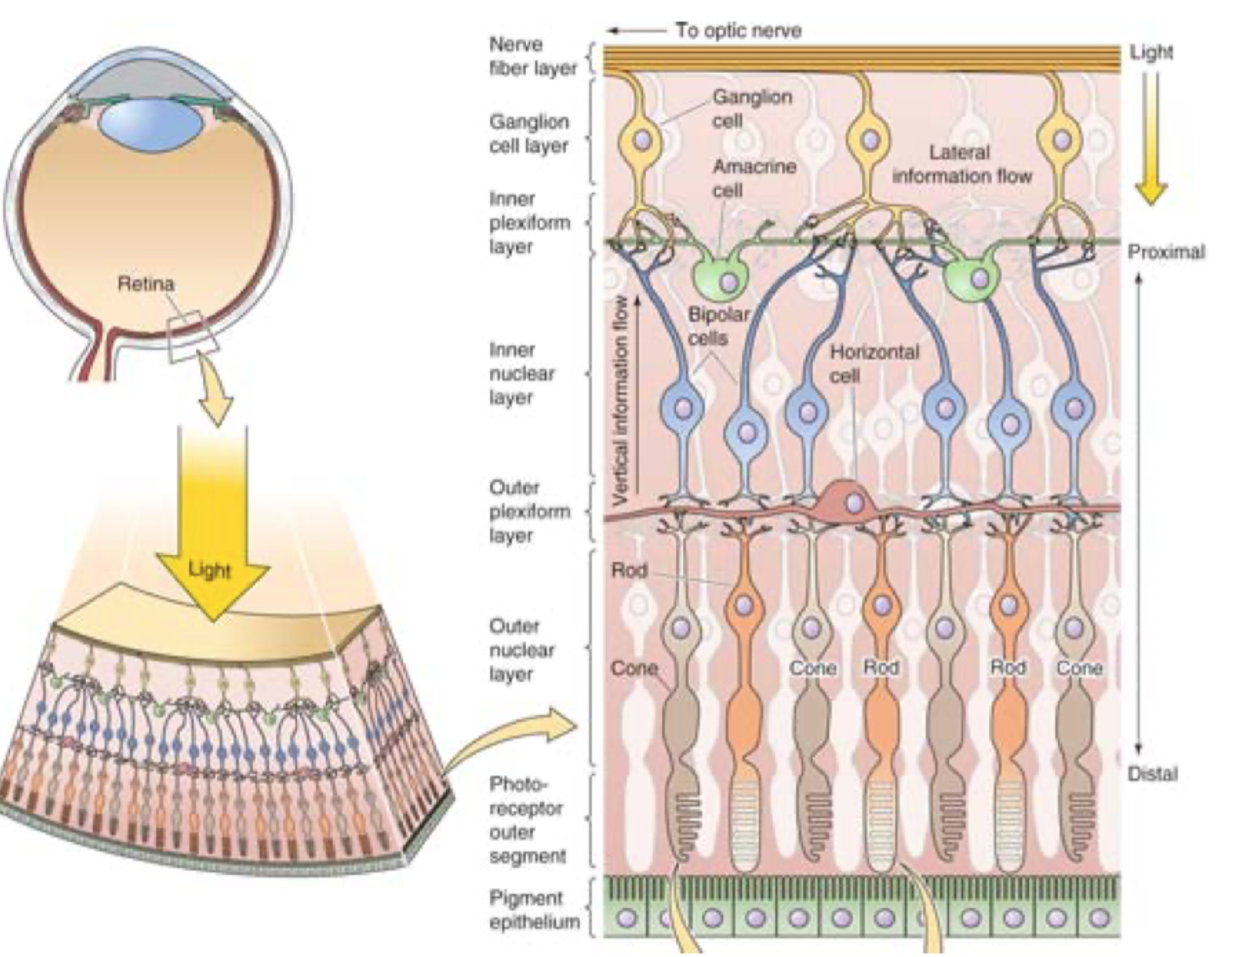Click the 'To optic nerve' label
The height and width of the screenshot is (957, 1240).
pyautogui.click(x=737, y=31)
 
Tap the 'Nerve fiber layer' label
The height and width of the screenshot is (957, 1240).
pyautogui.click(x=532, y=57)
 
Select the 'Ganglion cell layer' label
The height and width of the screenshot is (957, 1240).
pyautogui.click(x=529, y=134)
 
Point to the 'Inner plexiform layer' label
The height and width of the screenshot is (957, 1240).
pyautogui.click(x=530, y=223)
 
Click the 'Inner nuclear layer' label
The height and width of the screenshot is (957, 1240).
pyautogui.click(x=521, y=374)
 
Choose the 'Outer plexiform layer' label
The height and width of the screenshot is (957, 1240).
pyautogui.click(x=530, y=512)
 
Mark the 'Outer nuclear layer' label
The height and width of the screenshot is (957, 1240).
pyautogui.click(x=521, y=650)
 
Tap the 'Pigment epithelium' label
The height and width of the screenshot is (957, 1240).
pyautogui.click(x=534, y=910)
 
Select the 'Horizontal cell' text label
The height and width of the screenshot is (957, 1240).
pyautogui.click(x=874, y=363)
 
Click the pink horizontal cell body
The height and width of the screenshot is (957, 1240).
pyautogui.click(x=852, y=502)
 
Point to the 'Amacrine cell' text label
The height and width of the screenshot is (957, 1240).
pyautogui.click(x=754, y=178)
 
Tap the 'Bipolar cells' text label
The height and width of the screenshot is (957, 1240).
pyautogui.click(x=718, y=326)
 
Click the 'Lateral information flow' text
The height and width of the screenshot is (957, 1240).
pyautogui.click(x=961, y=164)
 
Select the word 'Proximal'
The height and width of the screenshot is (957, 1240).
pyautogui.click(x=1166, y=252)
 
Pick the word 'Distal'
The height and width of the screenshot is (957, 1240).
pyautogui.click(x=1152, y=774)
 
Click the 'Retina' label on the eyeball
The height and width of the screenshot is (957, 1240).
pyautogui.click(x=146, y=284)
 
